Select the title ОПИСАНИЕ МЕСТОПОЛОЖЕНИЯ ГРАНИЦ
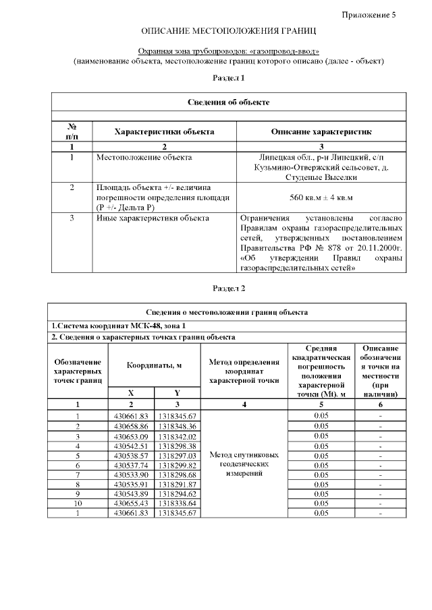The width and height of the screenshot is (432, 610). [228, 31]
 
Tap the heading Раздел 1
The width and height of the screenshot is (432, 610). [228, 78]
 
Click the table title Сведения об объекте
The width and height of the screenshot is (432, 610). [228, 102]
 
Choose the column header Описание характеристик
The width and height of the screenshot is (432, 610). [321, 131]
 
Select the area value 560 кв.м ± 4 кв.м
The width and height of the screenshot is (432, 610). [321, 197]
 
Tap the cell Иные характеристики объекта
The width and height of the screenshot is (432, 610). [153, 218]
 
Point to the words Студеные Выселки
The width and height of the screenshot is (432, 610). [321, 177]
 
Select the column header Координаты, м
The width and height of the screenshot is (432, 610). [155, 364]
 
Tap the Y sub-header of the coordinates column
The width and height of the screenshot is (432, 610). [178, 392]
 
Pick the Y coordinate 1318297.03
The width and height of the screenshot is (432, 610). [178, 455]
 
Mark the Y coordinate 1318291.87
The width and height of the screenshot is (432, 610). [178, 484]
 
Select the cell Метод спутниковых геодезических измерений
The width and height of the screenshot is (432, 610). [244, 464]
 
